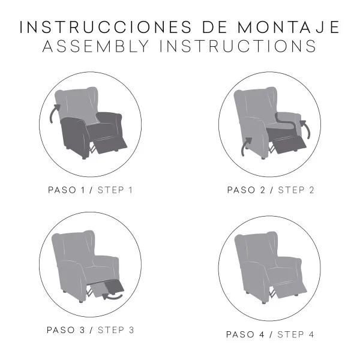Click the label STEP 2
296,190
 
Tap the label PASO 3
68,329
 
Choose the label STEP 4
296,334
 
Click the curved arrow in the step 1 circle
55,112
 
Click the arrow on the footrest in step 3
111,295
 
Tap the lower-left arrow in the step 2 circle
246,146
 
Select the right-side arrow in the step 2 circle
304,128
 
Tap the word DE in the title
207,27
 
